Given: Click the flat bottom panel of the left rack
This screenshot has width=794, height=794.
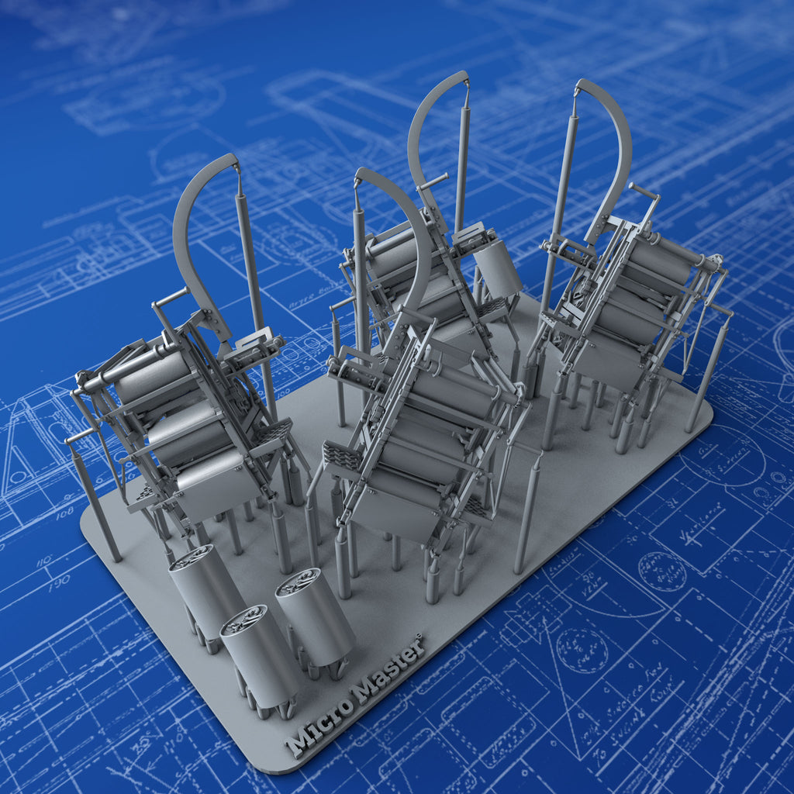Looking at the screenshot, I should pyautogui.click(x=217, y=485).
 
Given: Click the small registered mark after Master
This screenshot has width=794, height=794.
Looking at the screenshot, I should pyautogui.click(x=419, y=637).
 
